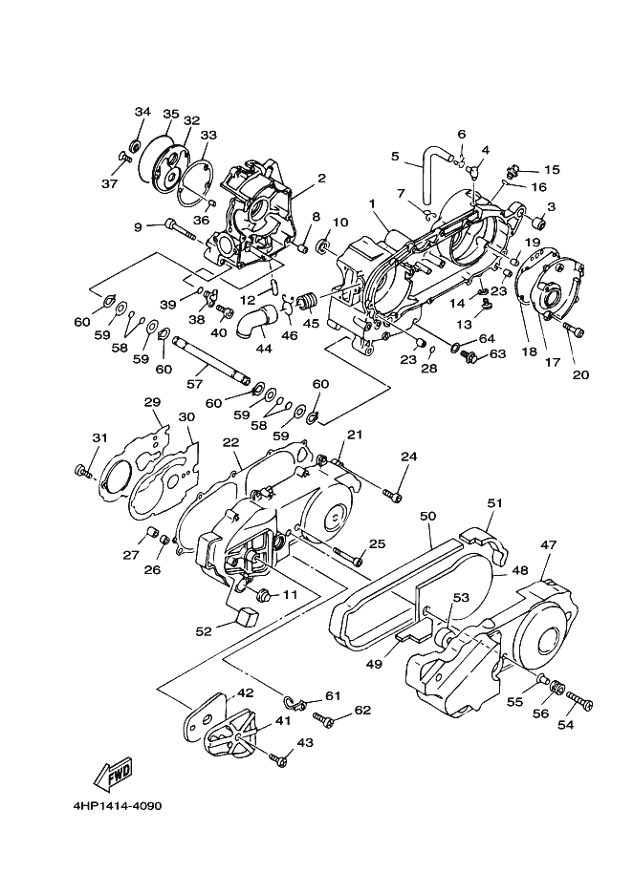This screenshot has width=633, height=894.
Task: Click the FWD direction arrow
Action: (114, 774)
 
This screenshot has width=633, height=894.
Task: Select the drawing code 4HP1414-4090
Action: (117, 806)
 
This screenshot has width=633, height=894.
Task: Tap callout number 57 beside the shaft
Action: (195, 383)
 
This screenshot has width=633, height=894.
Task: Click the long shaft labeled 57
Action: (211, 359)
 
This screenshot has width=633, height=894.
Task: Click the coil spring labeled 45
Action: (307, 300)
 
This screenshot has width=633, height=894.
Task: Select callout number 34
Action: (142, 111)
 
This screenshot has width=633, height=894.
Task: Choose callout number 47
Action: (549, 545)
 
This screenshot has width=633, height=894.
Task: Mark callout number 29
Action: (152, 402)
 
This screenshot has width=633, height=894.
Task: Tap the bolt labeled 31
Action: (83, 470)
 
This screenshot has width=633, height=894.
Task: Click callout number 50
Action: (427, 516)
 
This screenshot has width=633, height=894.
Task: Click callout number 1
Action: (372, 203)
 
